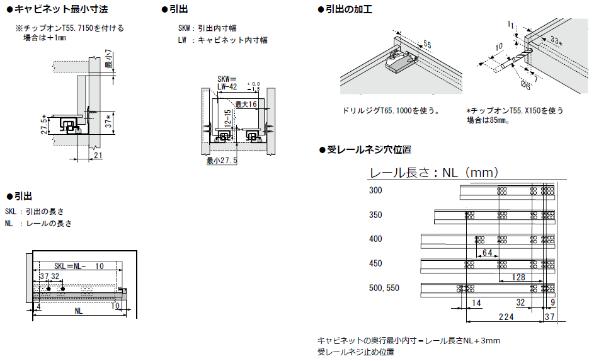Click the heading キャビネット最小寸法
[60, 10]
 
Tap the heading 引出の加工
[350, 10]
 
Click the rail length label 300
[375, 191]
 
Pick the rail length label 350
[375, 215]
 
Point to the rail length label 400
[375, 239]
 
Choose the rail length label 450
[375, 264]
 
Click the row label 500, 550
[384, 289]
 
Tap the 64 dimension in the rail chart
[487, 253]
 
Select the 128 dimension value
[518, 277]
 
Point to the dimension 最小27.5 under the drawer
[222, 161]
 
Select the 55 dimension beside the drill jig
[426, 45]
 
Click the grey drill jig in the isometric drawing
[400, 60]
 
